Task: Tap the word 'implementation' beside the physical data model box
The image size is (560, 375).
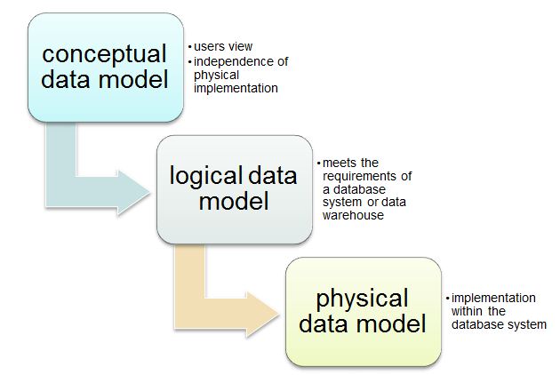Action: [493, 298]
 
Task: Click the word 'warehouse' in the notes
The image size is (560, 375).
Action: [354, 215]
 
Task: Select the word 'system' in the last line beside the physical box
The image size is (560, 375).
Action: [527, 324]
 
